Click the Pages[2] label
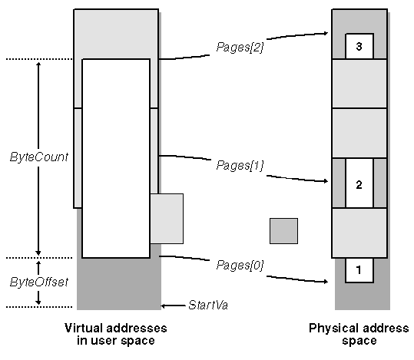click(240, 48)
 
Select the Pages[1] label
click(240, 166)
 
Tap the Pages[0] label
click(240, 266)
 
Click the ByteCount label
click(39, 157)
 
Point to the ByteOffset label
click(39, 282)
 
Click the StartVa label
click(208, 305)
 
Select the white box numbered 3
click(359, 46)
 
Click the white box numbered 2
click(359, 183)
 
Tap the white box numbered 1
click(359, 270)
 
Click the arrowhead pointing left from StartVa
click(164, 306)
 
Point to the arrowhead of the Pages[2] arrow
click(326, 33)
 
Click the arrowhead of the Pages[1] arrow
click(326, 181)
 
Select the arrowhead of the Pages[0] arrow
click(326, 282)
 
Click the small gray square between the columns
click(284, 231)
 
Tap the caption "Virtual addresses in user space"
click(116, 334)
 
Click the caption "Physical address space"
click(359, 334)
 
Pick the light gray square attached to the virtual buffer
click(167, 219)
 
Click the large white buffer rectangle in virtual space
click(116, 158)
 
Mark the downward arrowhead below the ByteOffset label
click(38, 302)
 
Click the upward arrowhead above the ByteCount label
click(38, 65)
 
